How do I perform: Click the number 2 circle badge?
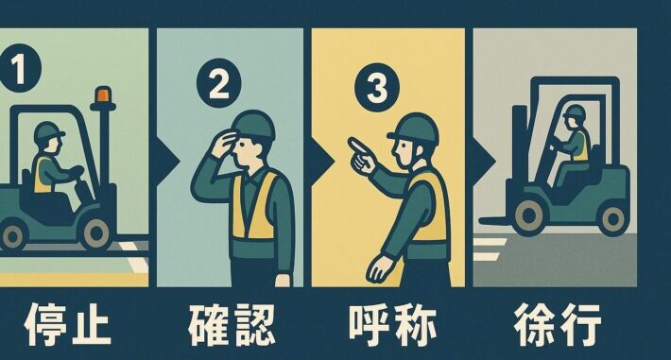click(218, 85)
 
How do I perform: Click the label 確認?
click(231, 324)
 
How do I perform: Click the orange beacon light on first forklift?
click(102, 97)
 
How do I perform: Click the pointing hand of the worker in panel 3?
click(359, 150)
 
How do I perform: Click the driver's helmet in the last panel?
click(574, 113)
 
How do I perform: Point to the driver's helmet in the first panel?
click(47, 133)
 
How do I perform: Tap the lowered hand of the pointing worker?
click(377, 267)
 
